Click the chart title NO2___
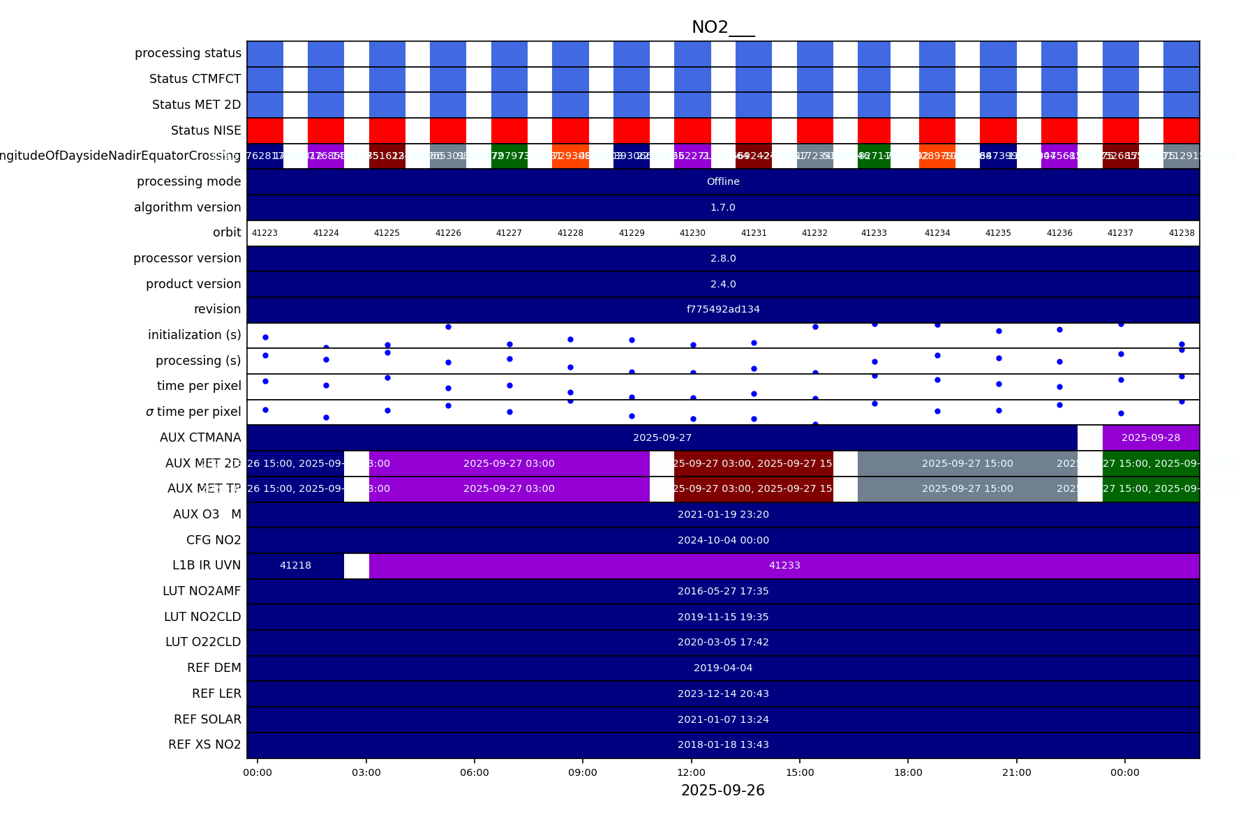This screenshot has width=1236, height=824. tap(722, 27)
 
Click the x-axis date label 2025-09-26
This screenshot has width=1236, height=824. tap(722, 791)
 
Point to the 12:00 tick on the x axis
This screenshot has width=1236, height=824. tap(691, 772)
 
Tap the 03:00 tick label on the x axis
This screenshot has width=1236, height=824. tap(366, 772)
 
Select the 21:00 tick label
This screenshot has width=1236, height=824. tap(1016, 772)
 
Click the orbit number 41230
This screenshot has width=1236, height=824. tap(692, 233)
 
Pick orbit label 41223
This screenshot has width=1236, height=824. tap(265, 233)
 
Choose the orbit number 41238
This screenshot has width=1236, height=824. tap(1181, 233)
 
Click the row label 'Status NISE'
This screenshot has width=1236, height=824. tap(206, 130)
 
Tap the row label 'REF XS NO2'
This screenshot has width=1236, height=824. tap(204, 744)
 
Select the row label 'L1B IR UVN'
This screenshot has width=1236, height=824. tap(207, 565)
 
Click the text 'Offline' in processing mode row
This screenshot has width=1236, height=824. tap(723, 181)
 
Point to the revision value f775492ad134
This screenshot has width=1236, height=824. tap(723, 309)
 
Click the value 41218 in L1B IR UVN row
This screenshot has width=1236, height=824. tap(295, 565)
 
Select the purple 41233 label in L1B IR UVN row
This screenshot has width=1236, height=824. tap(784, 565)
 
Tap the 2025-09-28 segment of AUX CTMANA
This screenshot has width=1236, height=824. tap(1150, 437)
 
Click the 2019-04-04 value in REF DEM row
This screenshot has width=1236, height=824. tap(723, 668)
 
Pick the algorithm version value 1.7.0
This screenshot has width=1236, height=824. tap(723, 207)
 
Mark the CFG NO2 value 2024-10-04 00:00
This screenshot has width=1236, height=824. tap(723, 540)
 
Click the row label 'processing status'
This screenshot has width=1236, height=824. tap(188, 53)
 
